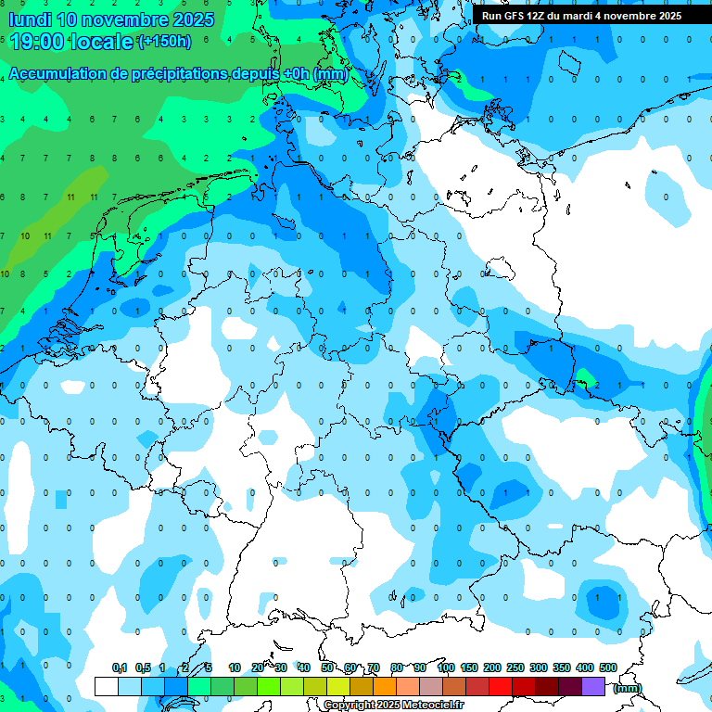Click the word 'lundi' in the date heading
[x=31, y=19]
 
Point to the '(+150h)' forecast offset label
[x=164, y=42]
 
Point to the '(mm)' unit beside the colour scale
[x=627, y=688]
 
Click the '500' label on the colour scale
[x=608, y=667]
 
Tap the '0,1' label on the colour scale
[x=120, y=667]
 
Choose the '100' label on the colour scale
[x=446, y=667]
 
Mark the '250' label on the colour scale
[x=515, y=667]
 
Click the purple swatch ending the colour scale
[x=593, y=686]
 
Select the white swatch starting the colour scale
[x=107, y=686]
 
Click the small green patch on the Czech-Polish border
[x=585, y=376]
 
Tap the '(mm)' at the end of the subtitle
[x=331, y=74]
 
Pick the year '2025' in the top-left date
[x=191, y=19]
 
